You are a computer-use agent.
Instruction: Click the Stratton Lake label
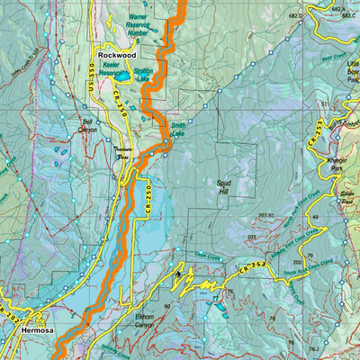(x=142, y=73)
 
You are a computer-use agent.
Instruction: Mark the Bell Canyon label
(x=87, y=125)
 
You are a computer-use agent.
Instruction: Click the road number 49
(x=316, y=218)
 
